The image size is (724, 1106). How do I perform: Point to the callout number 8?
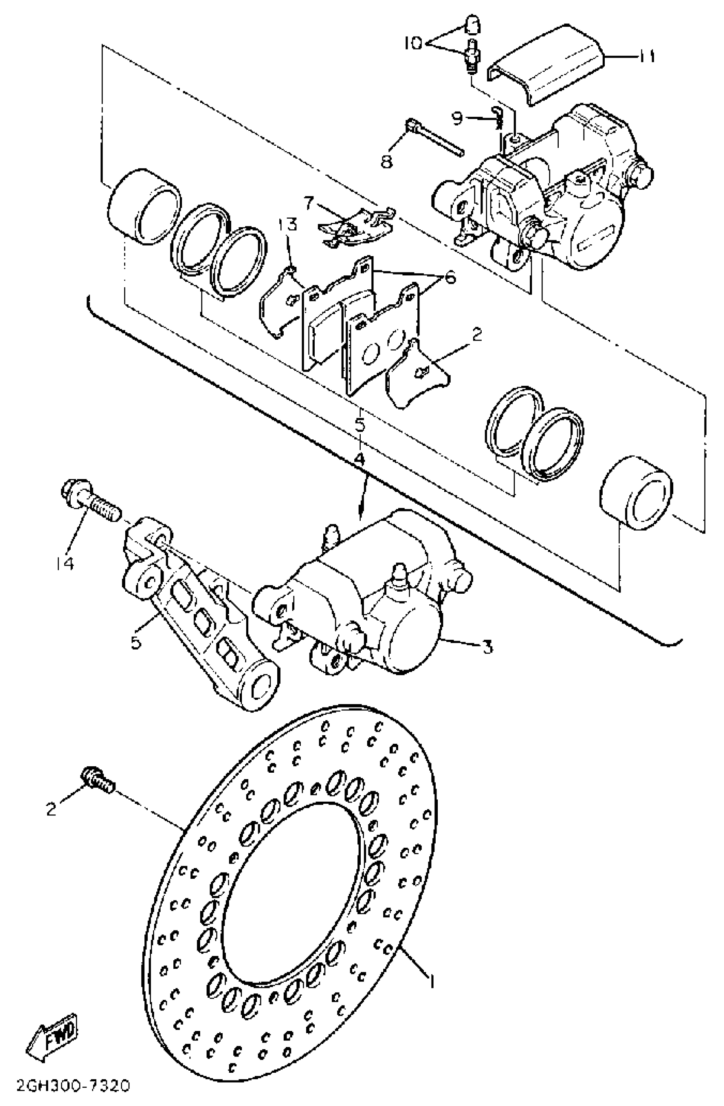[x=387, y=161]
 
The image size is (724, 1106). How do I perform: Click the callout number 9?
[x=457, y=118]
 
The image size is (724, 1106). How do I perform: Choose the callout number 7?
[x=309, y=202]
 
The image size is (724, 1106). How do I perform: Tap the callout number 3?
[x=487, y=647]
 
